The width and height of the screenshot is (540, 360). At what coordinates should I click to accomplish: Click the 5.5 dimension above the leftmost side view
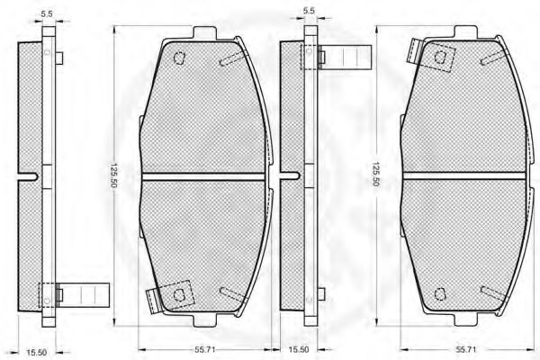click(47, 14)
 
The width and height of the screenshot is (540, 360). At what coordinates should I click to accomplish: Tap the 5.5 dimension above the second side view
click(309, 10)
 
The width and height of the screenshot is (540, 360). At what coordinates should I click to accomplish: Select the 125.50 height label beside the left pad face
click(114, 175)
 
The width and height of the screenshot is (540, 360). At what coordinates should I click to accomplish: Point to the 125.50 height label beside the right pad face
click(375, 174)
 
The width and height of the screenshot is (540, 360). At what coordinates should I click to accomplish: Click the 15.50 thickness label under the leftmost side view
click(36, 353)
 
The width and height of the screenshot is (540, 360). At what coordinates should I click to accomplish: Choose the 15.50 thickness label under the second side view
click(298, 349)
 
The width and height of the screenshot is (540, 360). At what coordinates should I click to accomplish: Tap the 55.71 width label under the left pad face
click(204, 349)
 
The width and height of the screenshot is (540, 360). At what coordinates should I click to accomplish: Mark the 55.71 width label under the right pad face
click(466, 349)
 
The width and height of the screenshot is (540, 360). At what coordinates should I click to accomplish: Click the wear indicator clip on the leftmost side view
click(83, 295)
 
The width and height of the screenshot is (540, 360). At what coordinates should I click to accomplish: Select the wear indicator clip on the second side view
click(345, 57)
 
